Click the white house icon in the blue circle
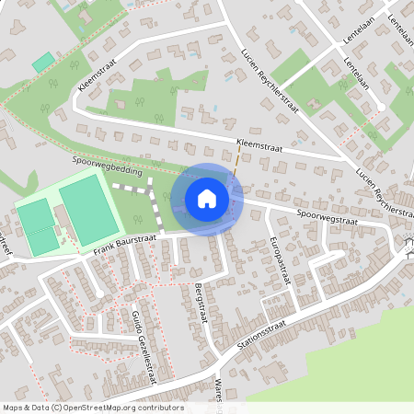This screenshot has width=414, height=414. pyautogui.click(x=207, y=199)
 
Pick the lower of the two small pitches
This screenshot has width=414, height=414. pyautogui.click(x=41, y=241)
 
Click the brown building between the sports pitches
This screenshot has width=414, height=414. pyautogui.click(x=61, y=221)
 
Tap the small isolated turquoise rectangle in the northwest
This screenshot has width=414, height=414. pyautogui.click(x=42, y=63)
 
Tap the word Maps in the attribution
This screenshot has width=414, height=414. pyautogui.click(x=13, y=407)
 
